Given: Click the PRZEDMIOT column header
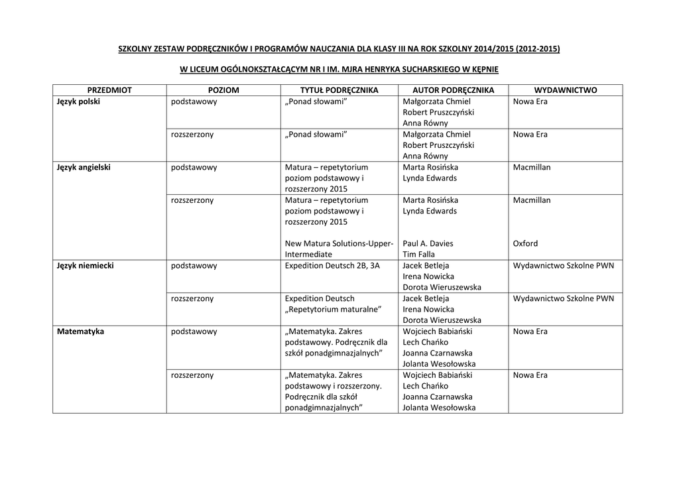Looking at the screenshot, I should pyautogui.click(x=109, y=90).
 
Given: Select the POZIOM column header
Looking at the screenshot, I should pyautogui.click(x=223, y=90).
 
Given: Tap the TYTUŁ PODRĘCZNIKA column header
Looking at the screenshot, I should pyautogui.click(x=339, y=90).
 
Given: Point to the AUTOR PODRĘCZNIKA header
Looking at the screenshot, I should pyautogui.click(x=454, y=90).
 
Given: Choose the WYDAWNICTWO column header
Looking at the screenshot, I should pyautogui.click(x=565, y=90).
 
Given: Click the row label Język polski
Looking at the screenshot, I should pyautogui.click(x=78, y=101).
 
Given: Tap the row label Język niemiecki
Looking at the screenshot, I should pyautogui.click(x=86, y=265).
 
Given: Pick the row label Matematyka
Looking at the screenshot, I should pyautogui.click(x=81, y=331).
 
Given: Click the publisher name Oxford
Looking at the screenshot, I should pyautogui.click(x=525, y=243).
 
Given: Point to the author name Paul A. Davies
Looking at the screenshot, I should pyautogui.click(x=428, y=243).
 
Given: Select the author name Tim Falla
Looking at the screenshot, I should pyautogui.click(x=419, y=254).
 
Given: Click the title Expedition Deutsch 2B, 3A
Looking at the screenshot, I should pyautogui.click(x=332, y=265).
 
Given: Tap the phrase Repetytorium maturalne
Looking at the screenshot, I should pyautogui.click(x=333, y=309).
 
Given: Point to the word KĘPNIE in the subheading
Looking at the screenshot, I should pyautogui.click(x=483, y=69).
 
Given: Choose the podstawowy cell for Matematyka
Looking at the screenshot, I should pyautogui.click(x=194, y=331).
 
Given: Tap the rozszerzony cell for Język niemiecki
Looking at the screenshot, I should pyautogui.click(x=192, y=298).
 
